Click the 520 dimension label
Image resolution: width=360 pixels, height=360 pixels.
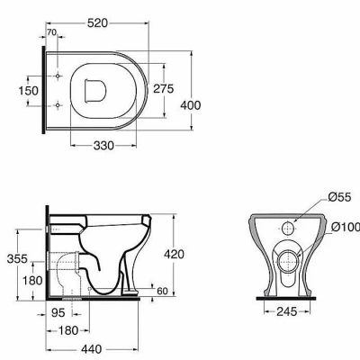(x=97, y=22)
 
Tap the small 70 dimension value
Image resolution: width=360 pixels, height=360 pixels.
(x=52, y=32)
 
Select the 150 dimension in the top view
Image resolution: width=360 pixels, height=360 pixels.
(x=29, y=91)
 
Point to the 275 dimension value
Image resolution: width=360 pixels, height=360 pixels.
(x=164, y=89)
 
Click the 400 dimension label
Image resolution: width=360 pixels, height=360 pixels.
(x=191, y=105)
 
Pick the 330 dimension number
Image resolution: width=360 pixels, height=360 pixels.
(x=103, y=146)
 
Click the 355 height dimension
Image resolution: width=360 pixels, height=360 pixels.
(x=17, y=258)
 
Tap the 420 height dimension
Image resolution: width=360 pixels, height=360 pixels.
(x=174, y=255)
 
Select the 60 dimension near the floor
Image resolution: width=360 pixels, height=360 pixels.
(x=162, y=291)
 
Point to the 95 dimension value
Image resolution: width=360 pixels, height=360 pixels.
(x=58, y=313)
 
